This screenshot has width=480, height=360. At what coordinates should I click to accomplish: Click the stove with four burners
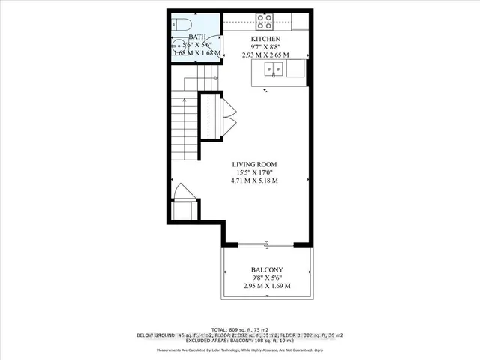pos(265,21)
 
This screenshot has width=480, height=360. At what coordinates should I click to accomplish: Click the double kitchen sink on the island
pos(271,69)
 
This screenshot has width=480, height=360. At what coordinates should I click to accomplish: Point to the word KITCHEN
pos(265,38)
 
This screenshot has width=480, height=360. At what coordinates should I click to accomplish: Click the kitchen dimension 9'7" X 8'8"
pos(265,46)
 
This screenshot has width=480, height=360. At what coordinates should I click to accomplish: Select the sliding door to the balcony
pos(265,244)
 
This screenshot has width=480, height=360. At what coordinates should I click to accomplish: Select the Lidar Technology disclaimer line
pos(240,349)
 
